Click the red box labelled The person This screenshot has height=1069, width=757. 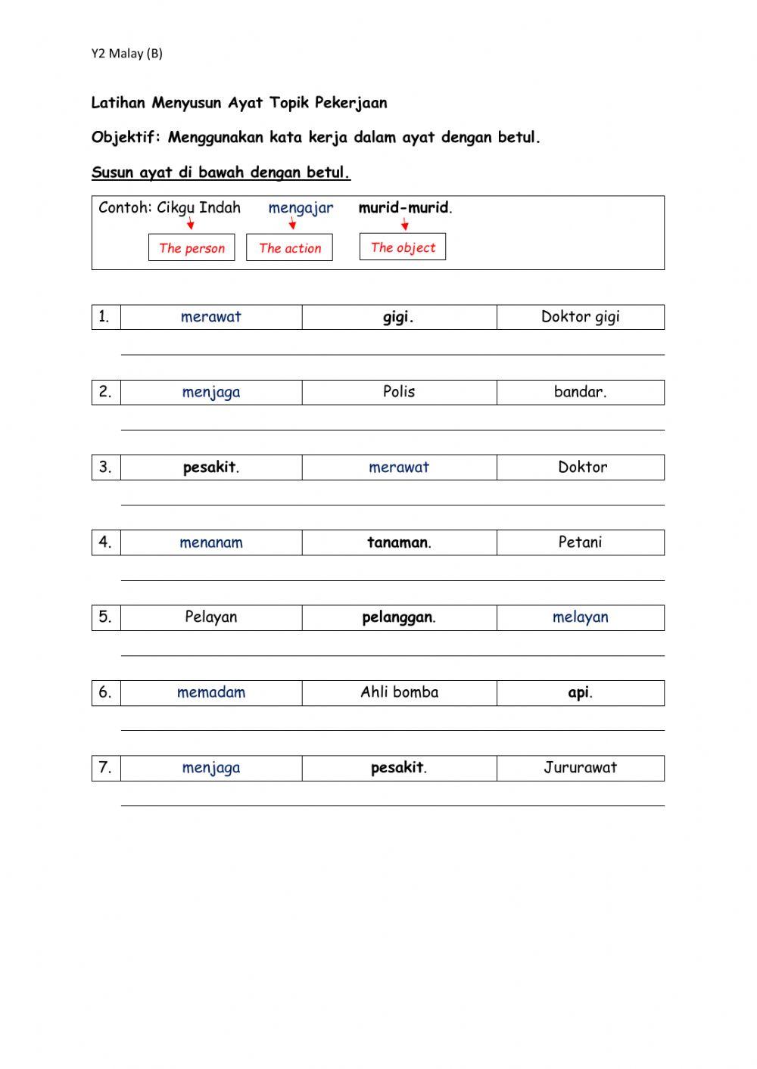pos(192,247)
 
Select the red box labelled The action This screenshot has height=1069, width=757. pos(289,247)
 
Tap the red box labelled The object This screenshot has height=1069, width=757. pos(403,247)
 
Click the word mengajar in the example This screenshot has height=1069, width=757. pos(301,208)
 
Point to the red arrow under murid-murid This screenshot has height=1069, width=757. pos(405,224)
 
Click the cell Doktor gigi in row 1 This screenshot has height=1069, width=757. pos(580,317)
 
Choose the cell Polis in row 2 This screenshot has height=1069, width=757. pos(399,392)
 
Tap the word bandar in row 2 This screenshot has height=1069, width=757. pos(580,392)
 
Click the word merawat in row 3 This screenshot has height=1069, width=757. pos(399,468)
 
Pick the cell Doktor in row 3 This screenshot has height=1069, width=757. pos(582,467)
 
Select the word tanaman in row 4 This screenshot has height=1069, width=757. pos(398,542)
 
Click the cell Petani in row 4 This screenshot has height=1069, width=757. pos(580,542)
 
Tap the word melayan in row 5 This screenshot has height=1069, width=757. pos(580,617)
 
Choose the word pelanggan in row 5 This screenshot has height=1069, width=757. pos(398,617)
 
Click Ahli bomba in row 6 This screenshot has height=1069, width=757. pos(399,692)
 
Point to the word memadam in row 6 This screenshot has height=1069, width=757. pos(211,692)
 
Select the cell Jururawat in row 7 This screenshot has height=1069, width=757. pos(580,768)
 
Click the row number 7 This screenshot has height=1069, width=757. pos(105,768)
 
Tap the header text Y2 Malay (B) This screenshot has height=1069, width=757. pos(127,53)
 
